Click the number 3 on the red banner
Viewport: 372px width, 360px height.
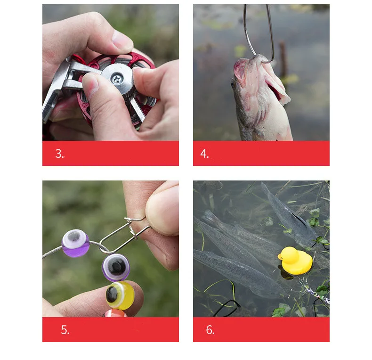(x=58, y=154)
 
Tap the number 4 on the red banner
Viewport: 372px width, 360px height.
(x=203, y=154)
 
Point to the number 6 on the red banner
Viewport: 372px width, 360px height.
(x=209, y=330)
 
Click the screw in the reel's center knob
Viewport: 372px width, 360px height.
(x=117, y=79)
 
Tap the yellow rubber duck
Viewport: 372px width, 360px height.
(x=295, y=260)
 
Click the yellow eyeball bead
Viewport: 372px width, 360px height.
(x=120, y=295)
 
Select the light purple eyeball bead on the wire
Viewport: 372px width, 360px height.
(x=75, y=243)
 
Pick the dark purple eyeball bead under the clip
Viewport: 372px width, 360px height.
(x=116, y=267)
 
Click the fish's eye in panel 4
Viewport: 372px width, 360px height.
(x=234, y=85)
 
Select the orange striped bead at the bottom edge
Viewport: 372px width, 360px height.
(x=115, y=313)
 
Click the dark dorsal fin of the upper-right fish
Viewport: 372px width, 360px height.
(x=300, y=219)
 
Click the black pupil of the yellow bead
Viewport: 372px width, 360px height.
(x=112, y=295)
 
